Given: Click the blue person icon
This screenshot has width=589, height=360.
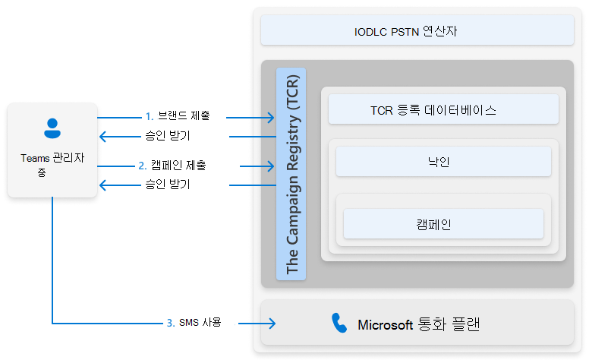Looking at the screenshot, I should click(52, 128).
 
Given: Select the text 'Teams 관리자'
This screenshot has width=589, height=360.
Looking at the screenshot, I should click(52, 159).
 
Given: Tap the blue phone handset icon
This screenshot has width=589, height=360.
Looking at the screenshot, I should click(339, 324).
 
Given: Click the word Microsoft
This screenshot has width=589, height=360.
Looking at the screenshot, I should click(386, 325).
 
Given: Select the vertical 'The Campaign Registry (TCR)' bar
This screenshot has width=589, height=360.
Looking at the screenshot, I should click(291, 174).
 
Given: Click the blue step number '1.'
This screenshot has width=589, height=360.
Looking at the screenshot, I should click(150, 117).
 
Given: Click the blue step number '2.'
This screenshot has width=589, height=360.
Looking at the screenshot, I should click(143, 165).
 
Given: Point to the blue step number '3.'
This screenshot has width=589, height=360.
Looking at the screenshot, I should click(170, 323).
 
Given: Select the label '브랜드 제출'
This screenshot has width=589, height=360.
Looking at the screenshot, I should click(184, 117).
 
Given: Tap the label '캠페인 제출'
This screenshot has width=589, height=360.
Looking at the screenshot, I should click(178, 165).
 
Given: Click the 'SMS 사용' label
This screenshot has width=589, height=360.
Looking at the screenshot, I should click(200, 323).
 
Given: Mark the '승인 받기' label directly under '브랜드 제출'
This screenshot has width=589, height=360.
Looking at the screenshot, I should click(167, 137).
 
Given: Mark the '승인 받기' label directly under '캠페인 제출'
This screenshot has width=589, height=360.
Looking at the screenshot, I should click(167, 185).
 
